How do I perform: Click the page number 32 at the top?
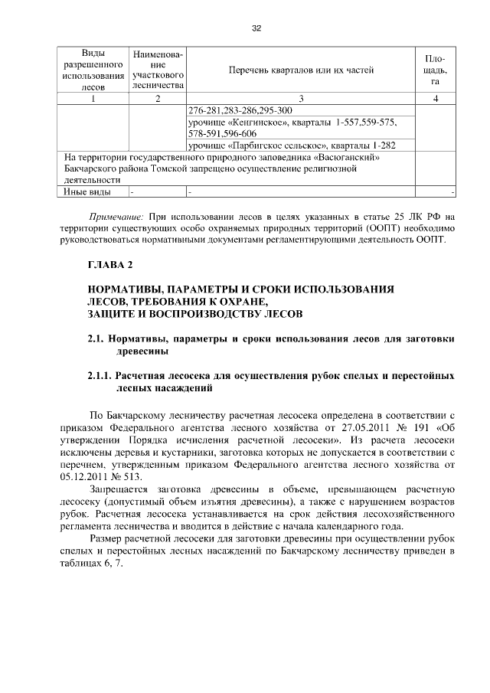(256, 28)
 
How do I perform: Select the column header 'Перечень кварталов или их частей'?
(301, 70)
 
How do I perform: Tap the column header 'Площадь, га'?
(435, 70)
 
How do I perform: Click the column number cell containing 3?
(301, 98)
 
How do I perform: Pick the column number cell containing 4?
(435, 98)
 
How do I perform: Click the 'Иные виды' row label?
(87, 191)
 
